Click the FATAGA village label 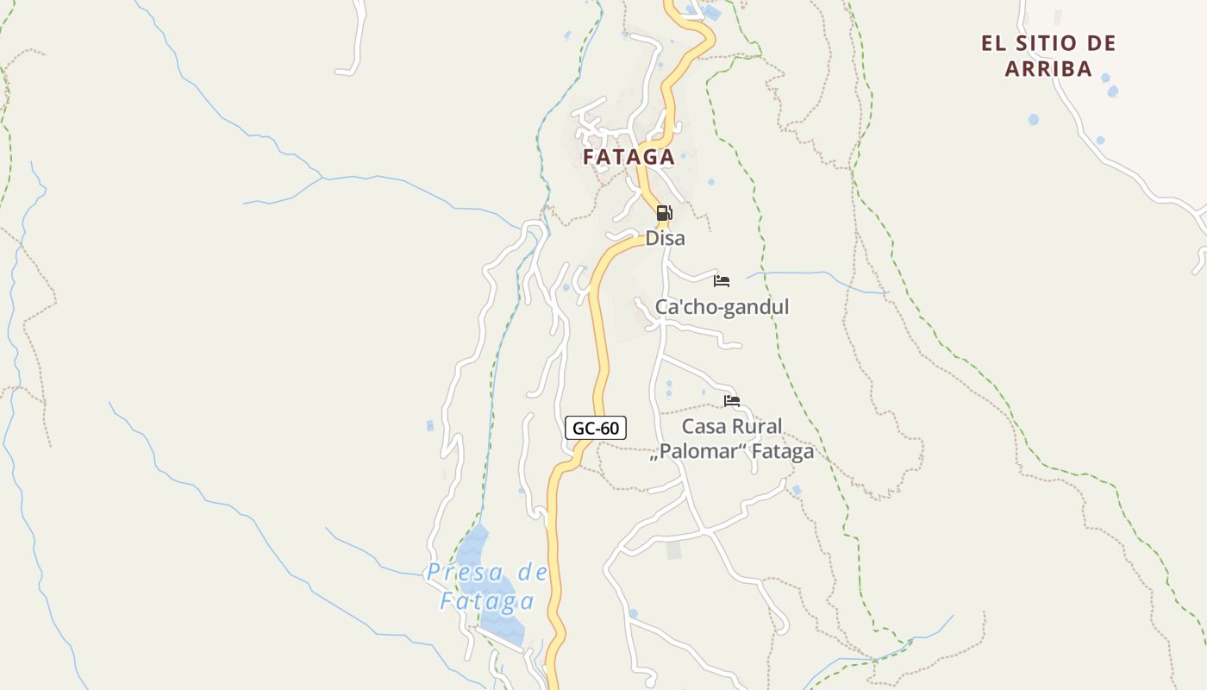pos(629,157)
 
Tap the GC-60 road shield pos(596,427)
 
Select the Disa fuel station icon pos(664,213)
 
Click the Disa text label pos(665,238)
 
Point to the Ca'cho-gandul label pos(722,307)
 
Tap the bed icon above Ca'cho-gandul pos(722,281)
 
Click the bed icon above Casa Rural pos(732,400)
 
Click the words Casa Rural pos(732,426)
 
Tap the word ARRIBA pos(1048,69)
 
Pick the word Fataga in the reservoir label pos(487,601)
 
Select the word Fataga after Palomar pos(782,452)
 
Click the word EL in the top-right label pos(993,43)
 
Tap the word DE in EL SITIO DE pos(1101,43)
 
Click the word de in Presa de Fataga pos(532,572)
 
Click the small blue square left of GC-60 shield pos(430,425)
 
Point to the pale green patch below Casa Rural pos(673,549)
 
